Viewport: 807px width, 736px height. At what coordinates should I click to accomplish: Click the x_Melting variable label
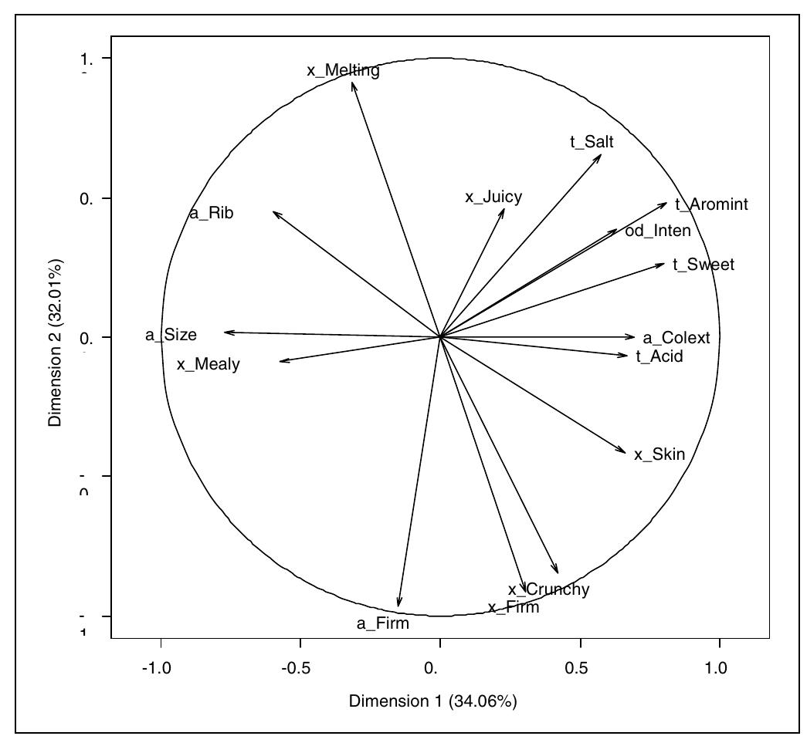[343, 71]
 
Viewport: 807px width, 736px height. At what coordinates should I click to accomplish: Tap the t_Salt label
[592, 141]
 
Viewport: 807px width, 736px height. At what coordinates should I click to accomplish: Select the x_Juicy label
[493, 198]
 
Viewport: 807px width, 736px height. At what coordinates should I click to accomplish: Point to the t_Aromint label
[711, 204]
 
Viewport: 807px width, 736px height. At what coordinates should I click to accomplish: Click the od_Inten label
[658, 231]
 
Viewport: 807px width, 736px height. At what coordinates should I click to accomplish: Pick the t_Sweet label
[703, 265]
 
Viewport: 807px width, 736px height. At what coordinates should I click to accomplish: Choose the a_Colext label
[681, 338]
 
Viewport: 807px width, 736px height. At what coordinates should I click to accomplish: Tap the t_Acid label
[660, 356]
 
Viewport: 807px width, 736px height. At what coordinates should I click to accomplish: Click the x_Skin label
[660, 454]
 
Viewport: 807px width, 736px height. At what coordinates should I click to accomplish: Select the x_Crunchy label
[549, 590]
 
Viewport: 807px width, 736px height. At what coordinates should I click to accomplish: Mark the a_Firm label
[383, 623]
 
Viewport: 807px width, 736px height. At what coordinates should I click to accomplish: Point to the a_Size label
[171, 336]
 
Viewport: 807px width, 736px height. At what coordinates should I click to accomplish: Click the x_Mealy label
[208, 365]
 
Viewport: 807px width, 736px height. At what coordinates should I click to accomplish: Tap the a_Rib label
[211, 214]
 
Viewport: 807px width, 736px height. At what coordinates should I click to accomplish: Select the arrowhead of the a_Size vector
[225, 332]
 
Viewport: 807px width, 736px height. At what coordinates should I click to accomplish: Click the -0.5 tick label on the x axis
[300, 668]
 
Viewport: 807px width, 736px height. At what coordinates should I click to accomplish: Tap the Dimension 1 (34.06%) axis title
[432, 701]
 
